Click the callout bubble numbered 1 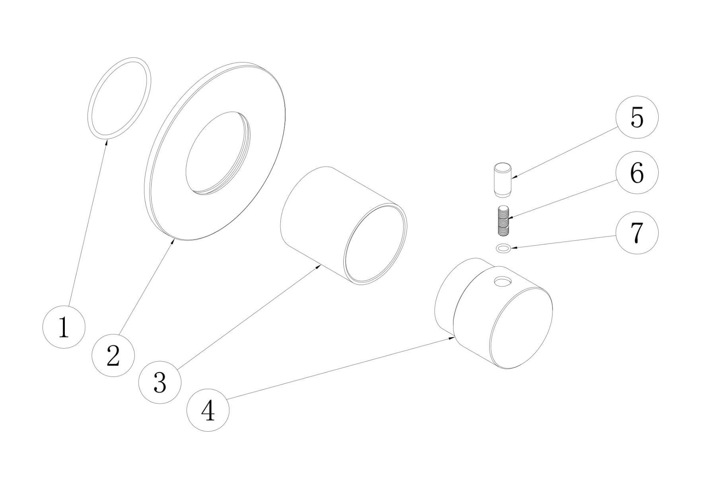tap(64, 327)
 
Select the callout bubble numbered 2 tap(113, 355)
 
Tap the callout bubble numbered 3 tap(160, 382)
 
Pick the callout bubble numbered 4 tap(208, 410)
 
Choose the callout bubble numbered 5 tap(637, 117)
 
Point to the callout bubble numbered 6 tap(637, 173)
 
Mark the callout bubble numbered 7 tap(637, 233)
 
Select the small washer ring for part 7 tap(504, 249)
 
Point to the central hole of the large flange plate tap(218, 153)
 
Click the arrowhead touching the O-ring tap(106, 142)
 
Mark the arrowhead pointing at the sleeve tap(318, 267)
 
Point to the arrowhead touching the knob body tap(452, 338)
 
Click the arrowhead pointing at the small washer tap(515, 248)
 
